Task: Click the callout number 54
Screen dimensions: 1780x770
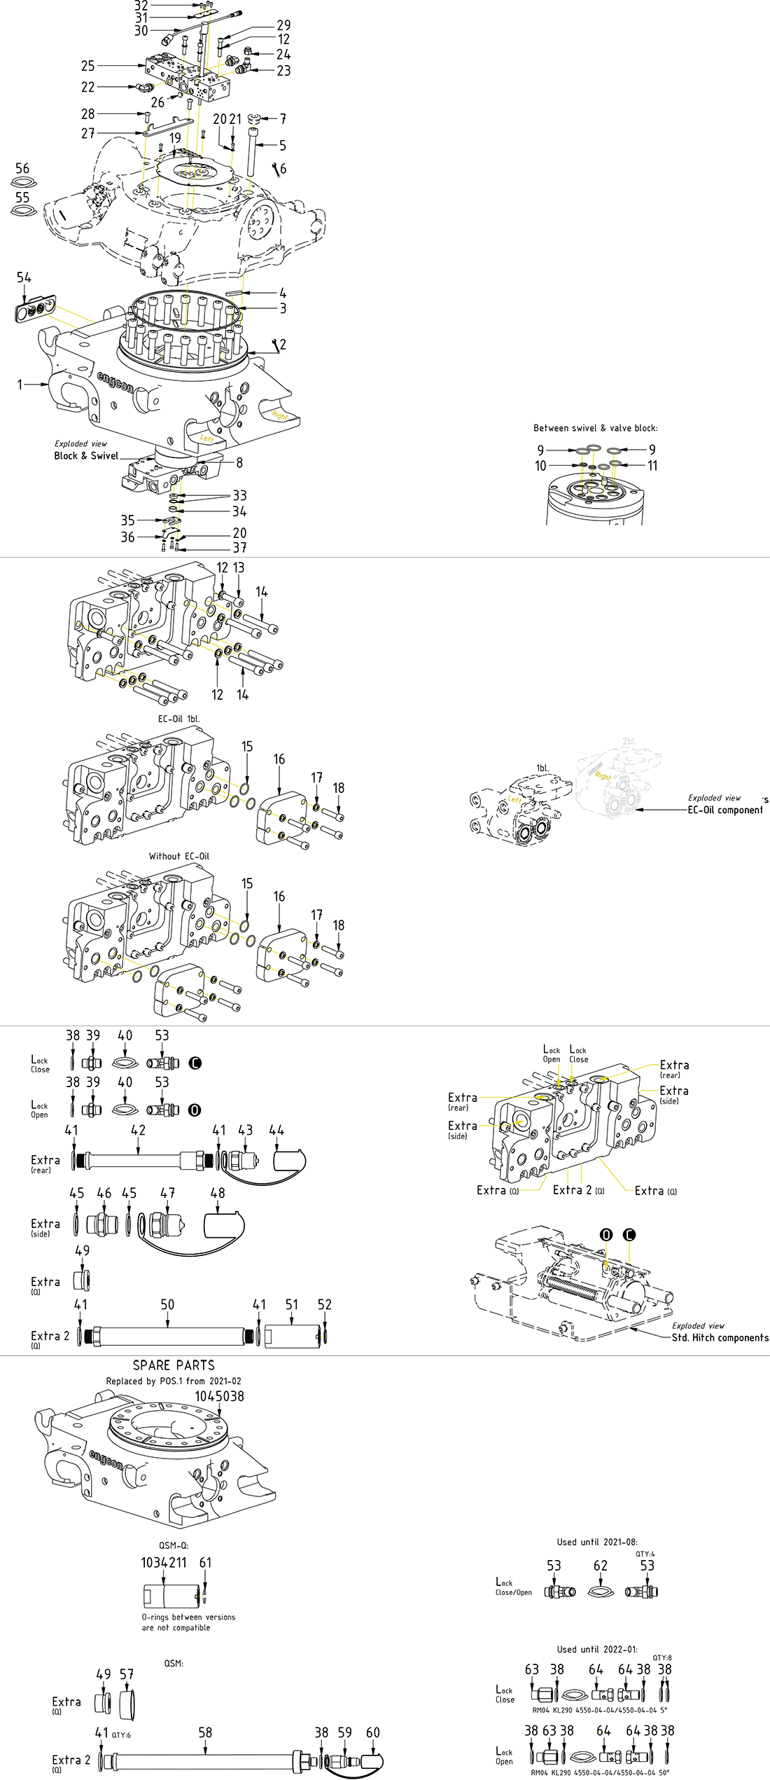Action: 24,278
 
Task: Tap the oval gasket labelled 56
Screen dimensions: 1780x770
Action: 23,184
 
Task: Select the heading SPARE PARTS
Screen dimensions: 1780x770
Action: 174,1365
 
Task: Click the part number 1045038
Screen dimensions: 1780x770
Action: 219,1396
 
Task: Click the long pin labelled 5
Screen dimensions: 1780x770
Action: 253,153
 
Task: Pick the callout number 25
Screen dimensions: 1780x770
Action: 87,66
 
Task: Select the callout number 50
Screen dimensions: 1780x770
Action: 167,1304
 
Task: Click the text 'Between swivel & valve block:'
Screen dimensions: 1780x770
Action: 595,428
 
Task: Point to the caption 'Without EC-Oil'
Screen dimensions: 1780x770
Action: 178,856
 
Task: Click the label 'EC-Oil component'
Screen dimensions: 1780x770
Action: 725,810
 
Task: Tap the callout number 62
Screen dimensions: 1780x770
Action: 601,1566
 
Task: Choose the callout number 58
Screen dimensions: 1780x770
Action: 205,1732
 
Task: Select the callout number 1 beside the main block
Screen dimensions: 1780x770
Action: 20,384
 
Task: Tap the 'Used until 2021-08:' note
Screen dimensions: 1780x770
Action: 597,1542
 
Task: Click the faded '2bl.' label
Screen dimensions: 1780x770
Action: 629,741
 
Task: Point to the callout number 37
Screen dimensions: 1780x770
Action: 239,548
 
